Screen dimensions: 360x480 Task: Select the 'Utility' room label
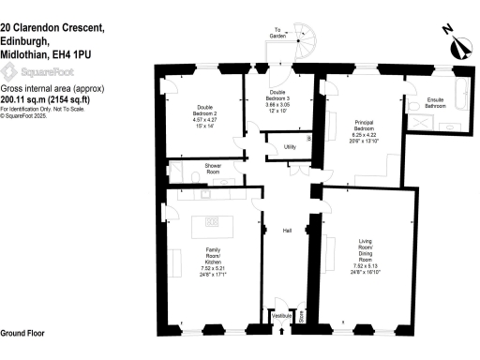point(291,147)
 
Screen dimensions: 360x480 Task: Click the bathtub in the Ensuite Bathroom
point(462,99)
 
